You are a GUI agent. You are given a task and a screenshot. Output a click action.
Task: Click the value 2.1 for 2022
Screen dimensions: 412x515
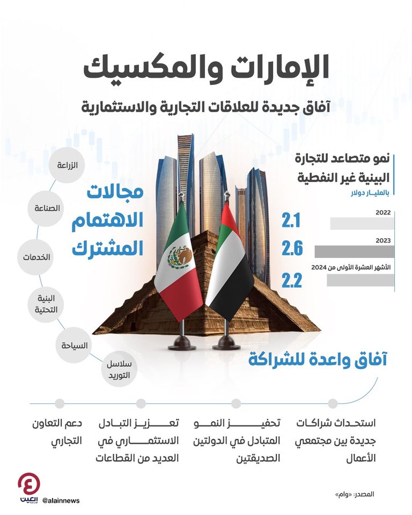[292, 219]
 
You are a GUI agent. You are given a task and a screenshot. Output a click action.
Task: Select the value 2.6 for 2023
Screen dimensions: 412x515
[292, 249]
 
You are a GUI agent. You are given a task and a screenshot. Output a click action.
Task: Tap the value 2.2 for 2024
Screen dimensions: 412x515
[292, 279]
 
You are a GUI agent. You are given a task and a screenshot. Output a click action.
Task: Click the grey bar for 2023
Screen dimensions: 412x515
[354, 251]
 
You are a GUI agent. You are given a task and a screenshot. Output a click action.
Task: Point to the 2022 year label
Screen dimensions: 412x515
[383, 213]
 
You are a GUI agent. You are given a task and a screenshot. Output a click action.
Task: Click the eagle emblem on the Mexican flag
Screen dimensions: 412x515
[179, 258]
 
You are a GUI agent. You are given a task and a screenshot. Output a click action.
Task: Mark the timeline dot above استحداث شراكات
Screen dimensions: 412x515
[333, 403]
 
